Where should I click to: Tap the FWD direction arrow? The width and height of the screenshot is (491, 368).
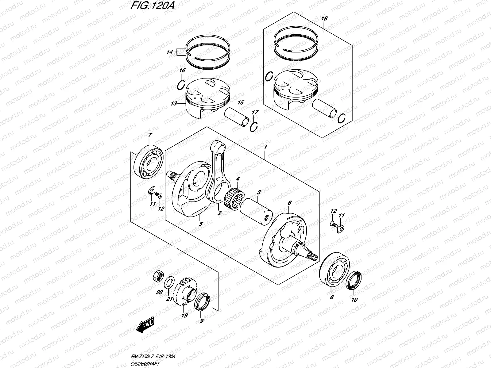[146, 326]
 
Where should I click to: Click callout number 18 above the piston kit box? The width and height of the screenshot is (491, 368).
[324, 19]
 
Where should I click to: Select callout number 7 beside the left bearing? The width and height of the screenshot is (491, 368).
[150, 135]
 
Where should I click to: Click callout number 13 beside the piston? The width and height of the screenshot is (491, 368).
[174, 104]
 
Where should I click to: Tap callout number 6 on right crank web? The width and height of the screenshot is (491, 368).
[289, 203]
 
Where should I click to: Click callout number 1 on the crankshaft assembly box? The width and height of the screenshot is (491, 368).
[265, 148]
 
